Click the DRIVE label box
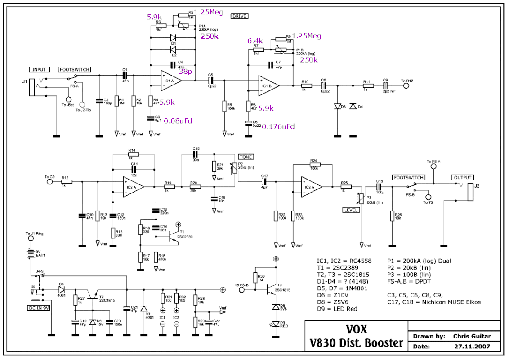239,16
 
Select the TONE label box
246,157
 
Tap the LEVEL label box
351,210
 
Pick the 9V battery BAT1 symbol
31,255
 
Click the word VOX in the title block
355,328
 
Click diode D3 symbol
336,107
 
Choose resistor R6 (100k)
224,107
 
